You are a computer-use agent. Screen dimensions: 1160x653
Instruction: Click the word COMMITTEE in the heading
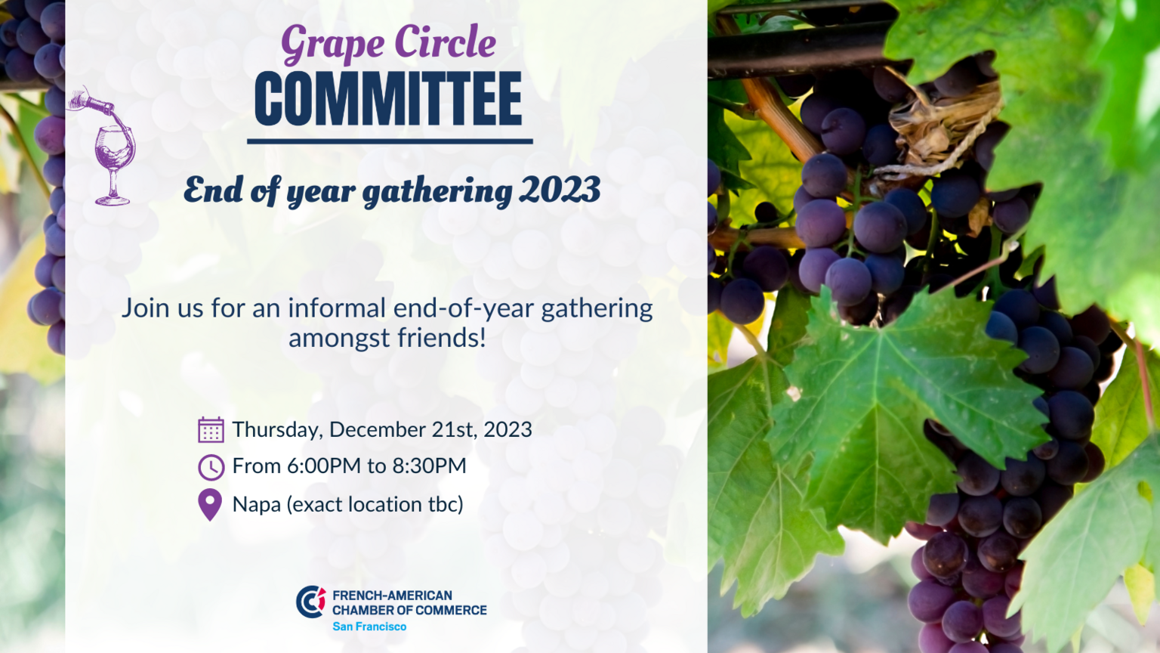pyautogui.click(x=388, y=99)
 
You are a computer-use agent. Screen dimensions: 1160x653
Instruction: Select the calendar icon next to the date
pyautogui.click(x=211, y=429)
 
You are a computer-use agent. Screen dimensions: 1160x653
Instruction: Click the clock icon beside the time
pyautogui.click(x=211, y=467)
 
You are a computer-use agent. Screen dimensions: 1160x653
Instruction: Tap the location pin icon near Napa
pyautogui.click(x=210, y=505)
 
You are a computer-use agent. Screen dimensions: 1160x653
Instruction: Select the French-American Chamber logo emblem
pyautogui.click(x=310, y=602)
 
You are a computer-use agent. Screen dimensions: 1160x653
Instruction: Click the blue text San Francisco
pyautogui.click(x=369, y=627)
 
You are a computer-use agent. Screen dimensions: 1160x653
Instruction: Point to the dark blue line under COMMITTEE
pyautogui.click(x=390, y=141)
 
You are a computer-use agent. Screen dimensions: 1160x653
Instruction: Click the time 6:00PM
pyautogui.click(x=324, y=466)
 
